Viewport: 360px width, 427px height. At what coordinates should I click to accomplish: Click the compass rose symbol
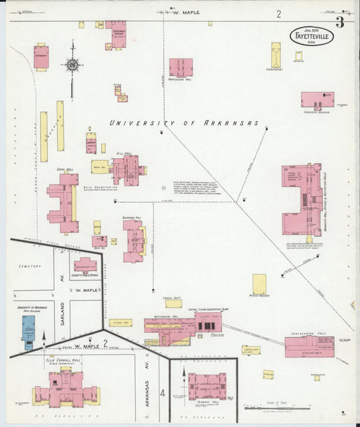[x=72, y=66]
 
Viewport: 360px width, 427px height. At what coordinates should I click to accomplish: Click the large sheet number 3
[x=340, y=22]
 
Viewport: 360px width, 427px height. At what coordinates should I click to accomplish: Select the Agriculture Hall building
[x=180, y=67]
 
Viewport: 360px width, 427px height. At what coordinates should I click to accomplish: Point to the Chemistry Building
[x=317, y=99]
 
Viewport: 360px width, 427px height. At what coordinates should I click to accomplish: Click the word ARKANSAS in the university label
[x=236, y=123]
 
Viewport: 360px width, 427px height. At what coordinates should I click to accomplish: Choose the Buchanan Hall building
[x=133, y=241]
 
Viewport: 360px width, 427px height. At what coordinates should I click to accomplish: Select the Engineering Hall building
[x=309, y=347]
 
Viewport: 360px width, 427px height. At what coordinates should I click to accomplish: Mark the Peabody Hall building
[x=207, y=386]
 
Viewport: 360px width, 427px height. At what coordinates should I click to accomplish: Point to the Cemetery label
[x=30, y=266]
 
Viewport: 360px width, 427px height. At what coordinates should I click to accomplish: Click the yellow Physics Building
[x=259, y=284]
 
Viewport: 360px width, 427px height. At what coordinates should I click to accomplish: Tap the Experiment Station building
[x=115, y=32]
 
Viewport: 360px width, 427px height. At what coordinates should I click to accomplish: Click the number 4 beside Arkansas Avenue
[x=162, y=392]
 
